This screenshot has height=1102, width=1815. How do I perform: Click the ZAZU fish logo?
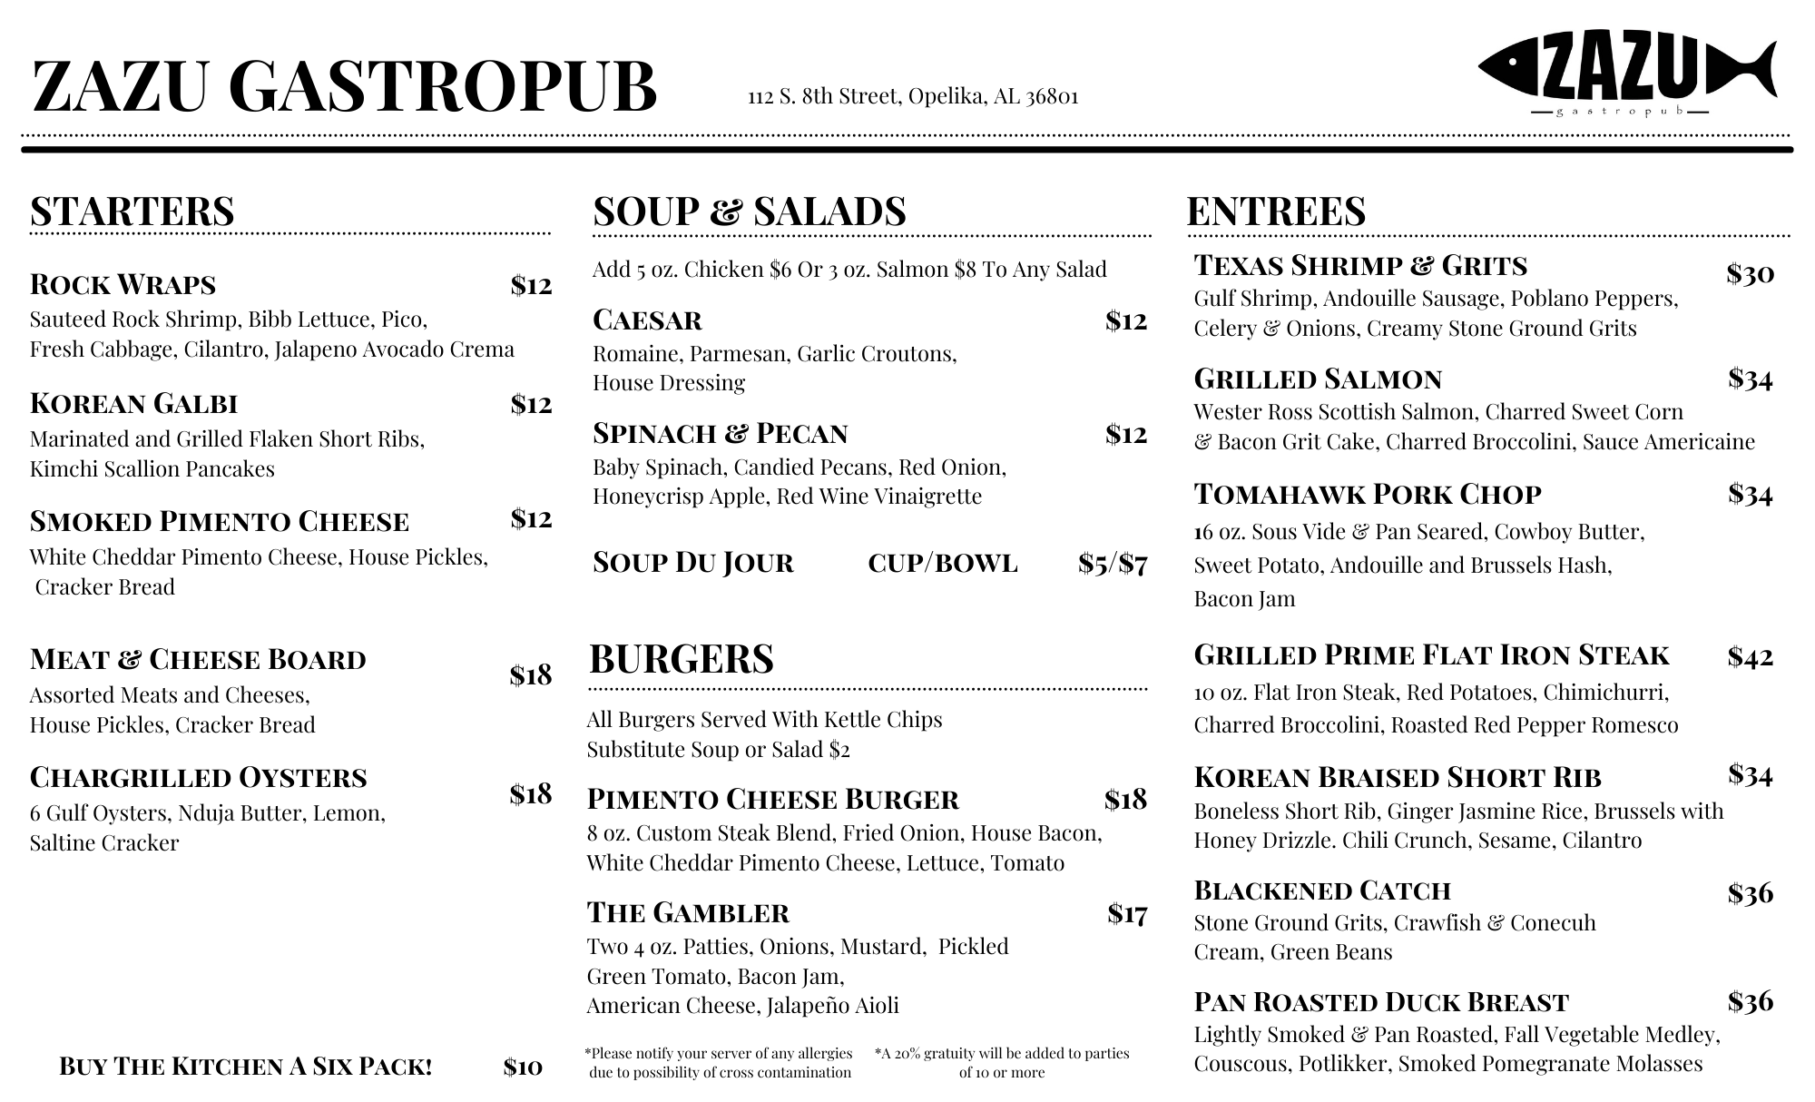(x=1626, y=73)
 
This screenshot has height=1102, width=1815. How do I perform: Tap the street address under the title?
(x=913, y=96)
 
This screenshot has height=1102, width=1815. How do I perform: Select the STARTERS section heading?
(x=132, y=211)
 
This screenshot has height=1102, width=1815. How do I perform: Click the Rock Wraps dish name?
(x=123, y=285)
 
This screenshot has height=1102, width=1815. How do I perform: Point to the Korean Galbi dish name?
(x=133, y=403)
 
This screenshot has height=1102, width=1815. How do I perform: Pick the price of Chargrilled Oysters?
(x=530, y=794)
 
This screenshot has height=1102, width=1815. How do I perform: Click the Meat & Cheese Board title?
(x=198, y=659)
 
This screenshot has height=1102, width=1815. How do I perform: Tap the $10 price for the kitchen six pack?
(x=523, y=1067)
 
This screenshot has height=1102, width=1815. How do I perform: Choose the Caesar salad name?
(x=647, y=320)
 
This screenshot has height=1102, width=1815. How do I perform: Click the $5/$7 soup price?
(x=1113, y=564)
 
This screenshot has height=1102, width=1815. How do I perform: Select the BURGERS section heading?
(x=682, y=659)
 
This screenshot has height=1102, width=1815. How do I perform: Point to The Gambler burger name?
(x=688, y=912)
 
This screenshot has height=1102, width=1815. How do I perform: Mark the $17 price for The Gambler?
(x=1127, y=914)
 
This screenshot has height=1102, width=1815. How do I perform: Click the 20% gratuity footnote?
(x=1002, y=1063)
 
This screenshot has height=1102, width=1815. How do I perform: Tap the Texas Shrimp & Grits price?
(x=1750, y=274)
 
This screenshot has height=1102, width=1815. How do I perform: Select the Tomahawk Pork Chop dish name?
(x=1368, y=495)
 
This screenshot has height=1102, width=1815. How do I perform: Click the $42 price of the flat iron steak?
(x=1750, y=656)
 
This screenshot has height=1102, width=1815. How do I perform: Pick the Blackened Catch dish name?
(x=1322, y=890)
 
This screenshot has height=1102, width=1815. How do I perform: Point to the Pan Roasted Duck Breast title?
(x=1381, y=1002)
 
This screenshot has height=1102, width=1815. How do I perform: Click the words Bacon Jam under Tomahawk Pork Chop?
(x=1244, y=599)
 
